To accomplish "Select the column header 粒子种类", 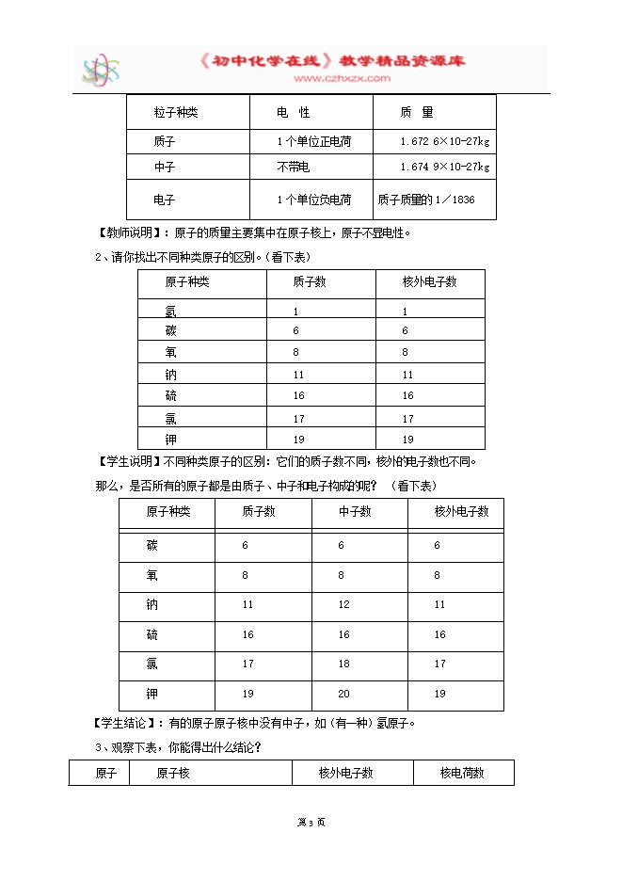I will coord(176,113).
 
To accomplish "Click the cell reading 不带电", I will coord(294,168).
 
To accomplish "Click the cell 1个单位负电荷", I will coord(314,200).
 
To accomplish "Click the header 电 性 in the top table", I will coord(293,113).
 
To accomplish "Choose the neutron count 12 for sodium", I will coord(343,604).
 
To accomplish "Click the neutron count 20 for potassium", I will coord(343,694).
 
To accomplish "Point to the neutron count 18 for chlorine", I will coord(343,664).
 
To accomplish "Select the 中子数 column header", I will coord(355,512).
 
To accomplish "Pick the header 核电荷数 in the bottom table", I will coord(462,773).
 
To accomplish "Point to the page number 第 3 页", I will coord(311,823).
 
